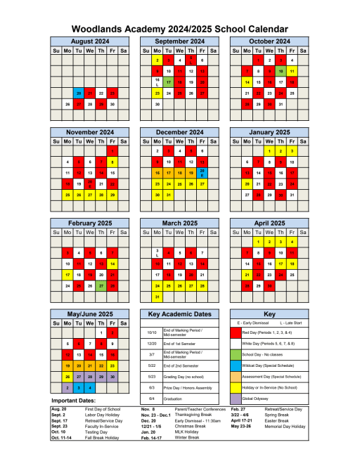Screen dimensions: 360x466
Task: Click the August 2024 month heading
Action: click(90, 41)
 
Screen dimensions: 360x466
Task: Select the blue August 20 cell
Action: click(79, 93)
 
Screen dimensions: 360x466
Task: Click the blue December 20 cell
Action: click(202, 172)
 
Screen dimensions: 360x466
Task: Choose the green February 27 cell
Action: click(101, 286)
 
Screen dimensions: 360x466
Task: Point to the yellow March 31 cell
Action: click(157, 297)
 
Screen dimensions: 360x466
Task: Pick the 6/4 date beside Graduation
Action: click(151, 399)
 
